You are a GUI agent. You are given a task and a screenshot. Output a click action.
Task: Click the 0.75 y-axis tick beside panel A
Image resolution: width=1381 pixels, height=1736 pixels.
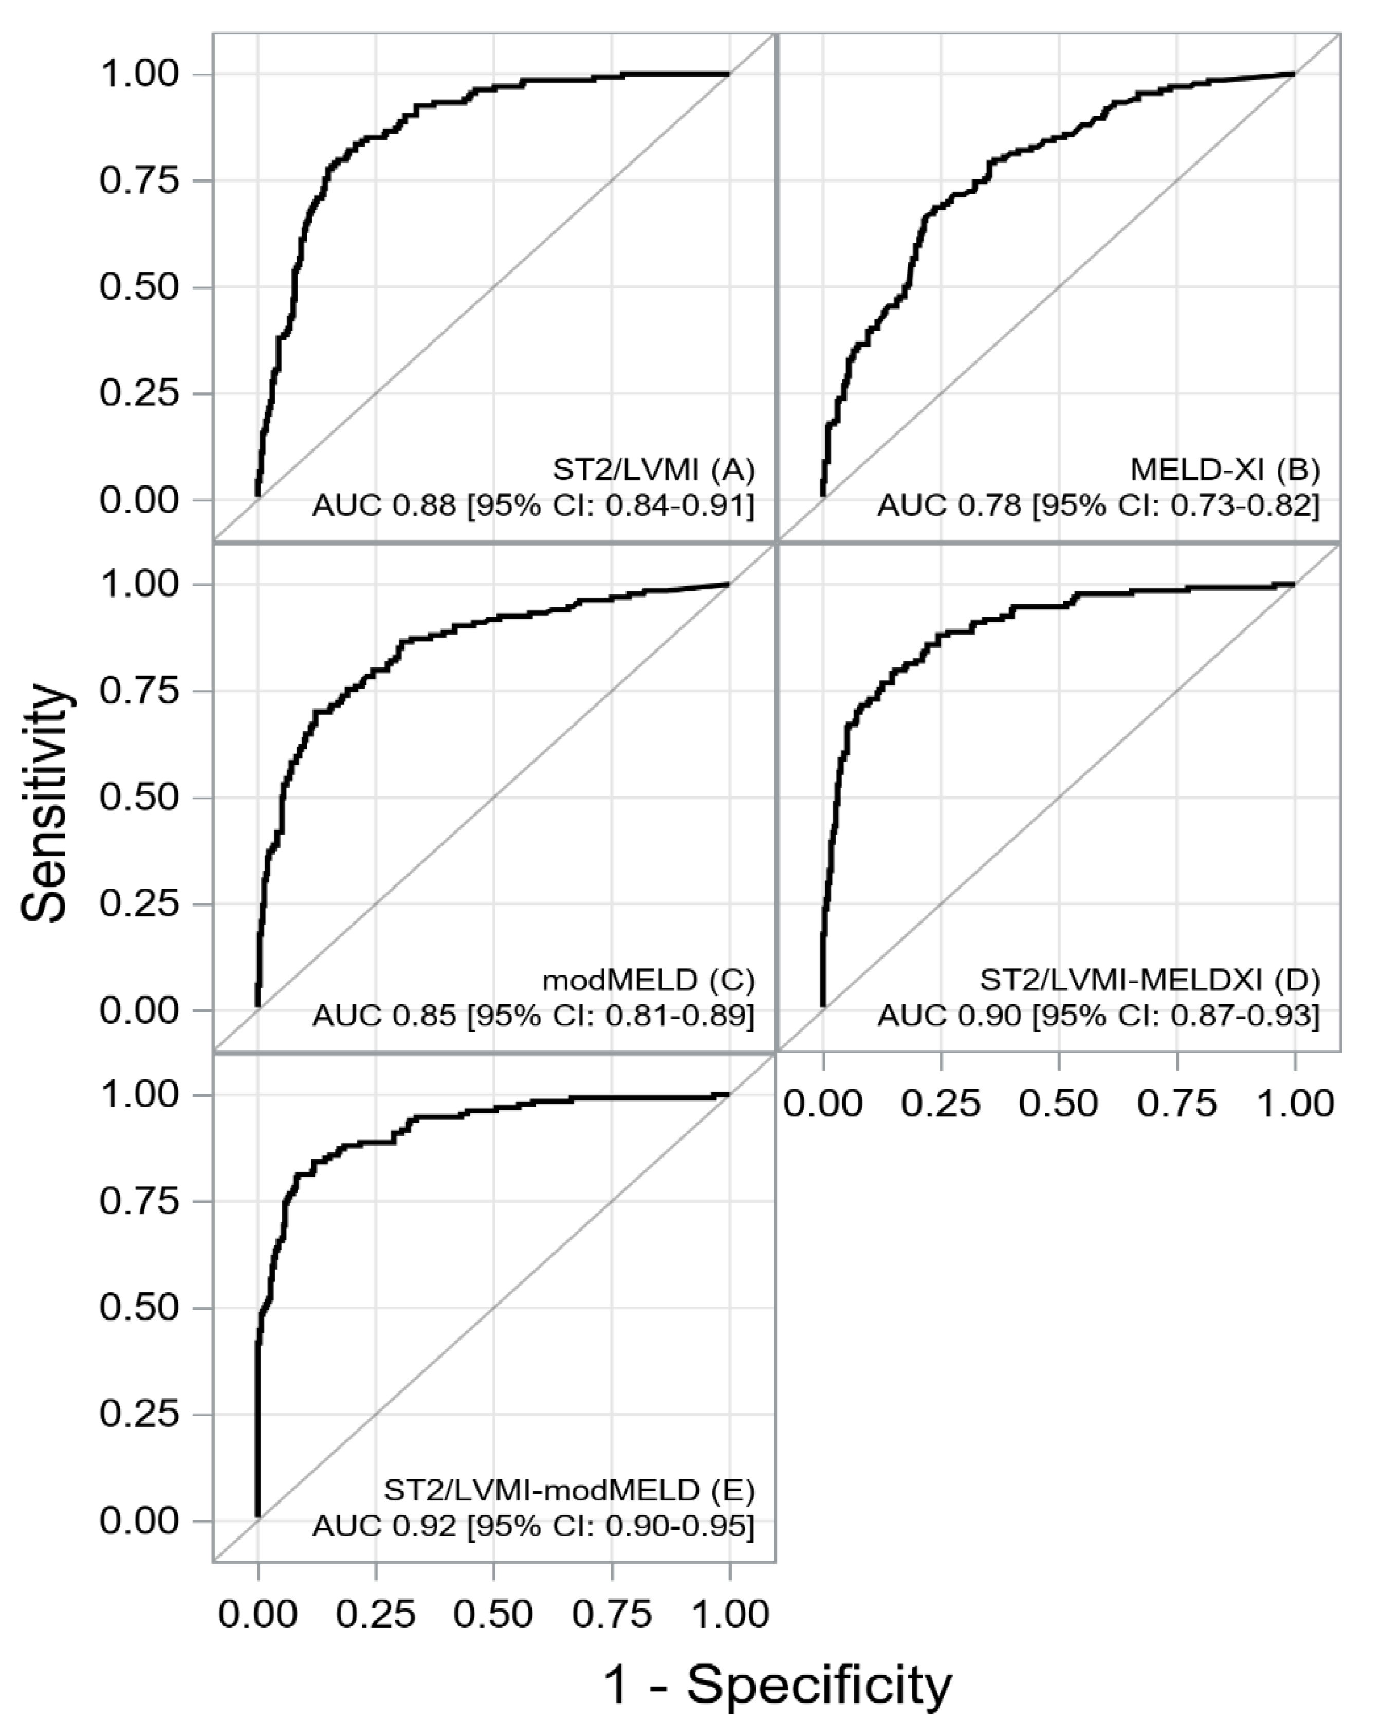point(138,180)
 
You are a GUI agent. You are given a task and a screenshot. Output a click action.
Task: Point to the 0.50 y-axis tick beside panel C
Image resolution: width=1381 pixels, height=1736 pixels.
point(138,797)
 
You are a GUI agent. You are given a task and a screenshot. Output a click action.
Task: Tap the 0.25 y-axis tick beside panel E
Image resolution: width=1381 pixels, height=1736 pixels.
point(138,1415)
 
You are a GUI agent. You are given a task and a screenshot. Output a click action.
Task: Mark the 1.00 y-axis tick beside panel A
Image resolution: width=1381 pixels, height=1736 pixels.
point(138,74)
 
